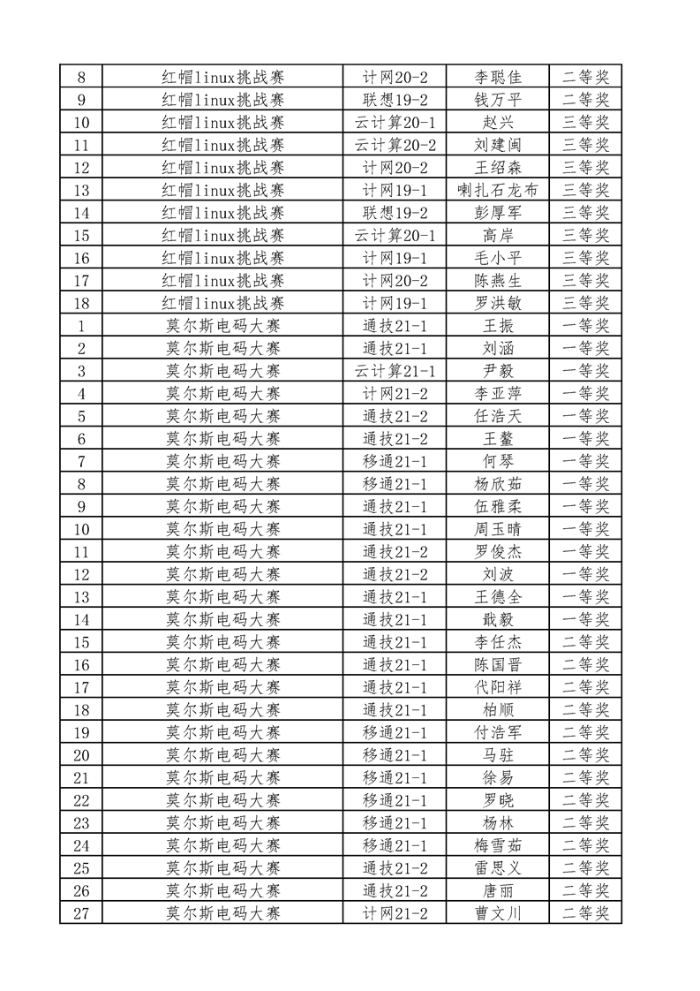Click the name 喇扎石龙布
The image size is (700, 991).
pyautogui.click(x=498, y=190)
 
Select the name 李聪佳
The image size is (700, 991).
pyautogui.click(x=498, y=77)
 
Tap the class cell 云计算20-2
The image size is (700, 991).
pyautogui.click(x=395, y=144)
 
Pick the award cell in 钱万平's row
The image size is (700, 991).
pyautogui.click(x=585, y=99)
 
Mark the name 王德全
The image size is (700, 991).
pyautogui.click(x=498, y=597)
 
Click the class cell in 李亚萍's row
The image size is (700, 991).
pyautogui.click(x=395, y=393)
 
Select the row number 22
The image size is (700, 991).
pyautogui.click(x=81, y=800)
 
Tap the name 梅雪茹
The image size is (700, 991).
pyautogui.click(x=498, y=845)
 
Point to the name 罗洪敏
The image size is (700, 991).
pyautogui.click(x=498, y=303)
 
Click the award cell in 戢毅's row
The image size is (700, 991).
pyautogui.click(x=585, y=619)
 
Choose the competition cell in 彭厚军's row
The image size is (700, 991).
pyautogui.click(x=222, y=212)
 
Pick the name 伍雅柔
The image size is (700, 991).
pyautogui.click(x=498, y=506)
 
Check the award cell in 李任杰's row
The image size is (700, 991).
pyautogui.click(x=585, y=642)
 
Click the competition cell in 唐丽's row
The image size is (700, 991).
pyautogui.click(x=222, y=890)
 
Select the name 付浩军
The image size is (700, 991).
pyautogui.click(x=498, y=732)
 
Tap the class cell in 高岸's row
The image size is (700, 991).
pyautogui.click(x=395, y=235)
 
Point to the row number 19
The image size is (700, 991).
pyautogui.click(x=81, y=732)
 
